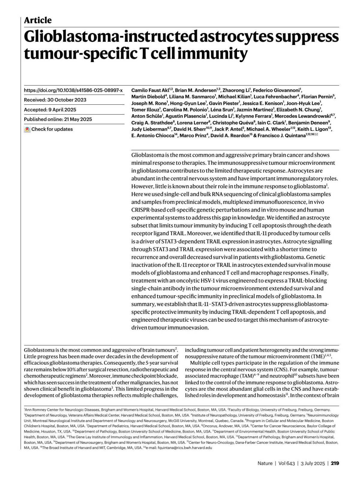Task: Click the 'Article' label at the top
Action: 37,20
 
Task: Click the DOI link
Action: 73,90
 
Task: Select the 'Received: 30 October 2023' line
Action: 55,100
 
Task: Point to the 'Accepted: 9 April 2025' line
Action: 50,110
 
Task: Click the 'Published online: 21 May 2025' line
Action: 58,119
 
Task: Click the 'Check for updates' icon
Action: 27,129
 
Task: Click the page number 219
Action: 335,463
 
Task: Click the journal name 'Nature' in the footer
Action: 265,463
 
